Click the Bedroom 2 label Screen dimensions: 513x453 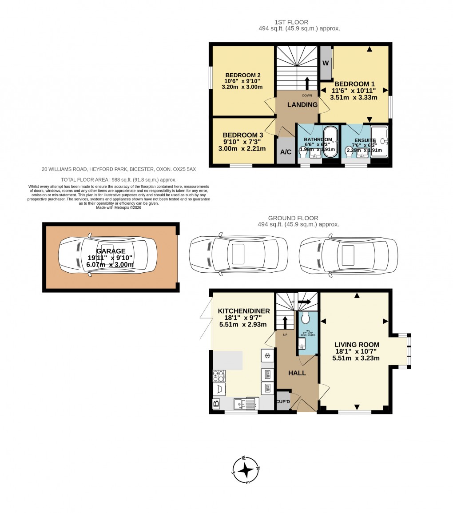click(242, 75)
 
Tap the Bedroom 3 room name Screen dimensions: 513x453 click(242, 135)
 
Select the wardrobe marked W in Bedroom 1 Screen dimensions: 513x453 click(326, 63)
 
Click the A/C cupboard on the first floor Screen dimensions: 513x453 click(286, 152)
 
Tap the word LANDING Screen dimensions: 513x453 click(302, 105)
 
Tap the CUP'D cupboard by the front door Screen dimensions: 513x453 click(283, 402)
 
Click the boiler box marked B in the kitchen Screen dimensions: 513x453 click(216, 403)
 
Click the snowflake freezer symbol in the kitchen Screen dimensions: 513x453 click(267, 355)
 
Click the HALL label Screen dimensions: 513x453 click(297, 373)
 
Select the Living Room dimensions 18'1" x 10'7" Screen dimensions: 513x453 click(357, 351)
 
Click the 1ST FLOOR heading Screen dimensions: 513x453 click(291, 22)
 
